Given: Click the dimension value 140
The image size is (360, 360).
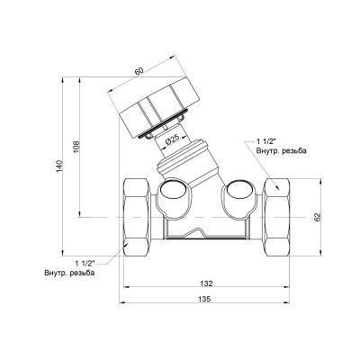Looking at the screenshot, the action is [60, 166].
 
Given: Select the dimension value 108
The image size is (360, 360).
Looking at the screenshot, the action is [76, 147].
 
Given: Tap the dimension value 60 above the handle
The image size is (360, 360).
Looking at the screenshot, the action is [139, 71].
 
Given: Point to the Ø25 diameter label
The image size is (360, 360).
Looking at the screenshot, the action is [172, 139].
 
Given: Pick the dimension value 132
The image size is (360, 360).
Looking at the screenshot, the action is [206, 283].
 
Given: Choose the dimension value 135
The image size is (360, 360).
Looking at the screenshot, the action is [205, 299].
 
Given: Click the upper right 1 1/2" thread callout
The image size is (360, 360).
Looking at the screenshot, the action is [265, 141].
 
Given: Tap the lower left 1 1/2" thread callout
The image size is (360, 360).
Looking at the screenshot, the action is [85, 264].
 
